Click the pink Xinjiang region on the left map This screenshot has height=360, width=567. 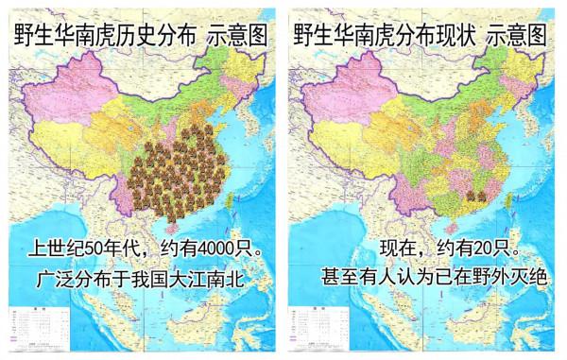tap(57, 99)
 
